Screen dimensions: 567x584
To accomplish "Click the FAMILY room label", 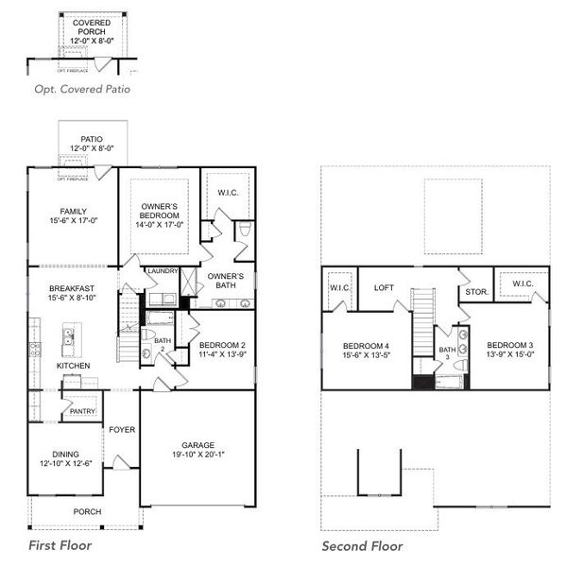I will pyautogui.click(x=73, y=210).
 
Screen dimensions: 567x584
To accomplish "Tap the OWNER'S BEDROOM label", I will pyautogui.click(x=160, y=211).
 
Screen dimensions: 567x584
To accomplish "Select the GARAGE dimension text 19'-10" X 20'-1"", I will pyautogui.click(x=198, y=455).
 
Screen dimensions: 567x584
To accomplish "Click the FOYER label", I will pyautogui.click(x=121, y=430).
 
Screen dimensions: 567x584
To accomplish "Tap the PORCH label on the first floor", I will pyautogui.click(x=87, y=511).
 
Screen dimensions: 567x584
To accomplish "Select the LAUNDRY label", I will pyautogui.click(x=163, y=271).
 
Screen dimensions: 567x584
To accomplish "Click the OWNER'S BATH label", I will pyautogui.click(x=225, y=282).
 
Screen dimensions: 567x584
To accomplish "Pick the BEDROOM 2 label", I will pyautogui.click(x=223, y=345).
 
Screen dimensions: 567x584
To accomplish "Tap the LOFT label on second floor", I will pyautogui.click(x=384, y=288).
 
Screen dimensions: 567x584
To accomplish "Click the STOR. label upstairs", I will pyautogui.click(x=476, y=292).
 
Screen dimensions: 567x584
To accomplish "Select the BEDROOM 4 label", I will pyautogui.click(x=366, y=347).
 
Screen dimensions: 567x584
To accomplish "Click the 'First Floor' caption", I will pyautogui.click(x=60, y=545).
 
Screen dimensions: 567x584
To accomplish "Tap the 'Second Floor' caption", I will pyautogui.click(x=362, y=546).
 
